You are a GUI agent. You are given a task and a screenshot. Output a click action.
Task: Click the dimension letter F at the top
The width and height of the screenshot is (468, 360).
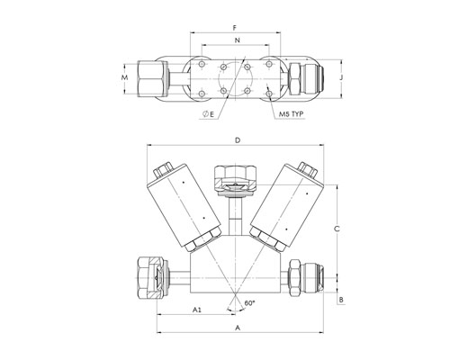pos(235,28)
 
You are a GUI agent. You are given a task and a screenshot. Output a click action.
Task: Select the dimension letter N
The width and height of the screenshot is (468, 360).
pos(238,40)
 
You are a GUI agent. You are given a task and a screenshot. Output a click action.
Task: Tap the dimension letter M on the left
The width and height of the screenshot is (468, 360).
pos(124,77)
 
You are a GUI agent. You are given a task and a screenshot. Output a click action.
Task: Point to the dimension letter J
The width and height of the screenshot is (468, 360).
pos(341,77)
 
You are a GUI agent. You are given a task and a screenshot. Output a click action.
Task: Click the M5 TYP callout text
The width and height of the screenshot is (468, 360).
pos(291,114)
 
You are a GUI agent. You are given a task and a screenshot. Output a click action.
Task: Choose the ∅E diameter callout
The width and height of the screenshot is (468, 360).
pos(209,114)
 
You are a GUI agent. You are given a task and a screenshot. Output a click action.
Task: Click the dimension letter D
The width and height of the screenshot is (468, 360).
pos(238,140)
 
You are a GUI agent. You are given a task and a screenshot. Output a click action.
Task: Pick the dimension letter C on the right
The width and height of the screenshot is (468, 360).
pos(337,229)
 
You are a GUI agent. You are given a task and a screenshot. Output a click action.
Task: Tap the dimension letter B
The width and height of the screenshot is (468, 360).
pos(341,300)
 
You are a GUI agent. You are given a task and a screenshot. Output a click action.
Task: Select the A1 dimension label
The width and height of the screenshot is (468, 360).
pos(196,310)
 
